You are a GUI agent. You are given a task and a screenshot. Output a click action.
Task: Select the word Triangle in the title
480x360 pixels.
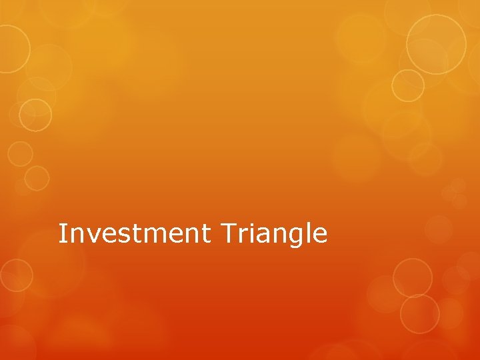click(273, 235)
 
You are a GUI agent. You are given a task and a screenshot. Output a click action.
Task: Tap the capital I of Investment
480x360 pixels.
click(62, 233)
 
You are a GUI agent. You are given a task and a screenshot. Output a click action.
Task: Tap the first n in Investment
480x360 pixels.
click(74, 235)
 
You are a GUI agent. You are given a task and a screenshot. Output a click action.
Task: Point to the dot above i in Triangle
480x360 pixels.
click(248, 225)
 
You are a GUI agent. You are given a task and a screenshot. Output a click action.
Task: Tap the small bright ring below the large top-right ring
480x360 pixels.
click(407, 85)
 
